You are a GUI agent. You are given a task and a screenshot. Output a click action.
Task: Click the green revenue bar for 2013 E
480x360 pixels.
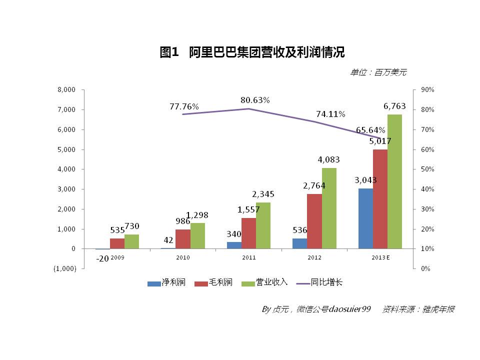point(394,181)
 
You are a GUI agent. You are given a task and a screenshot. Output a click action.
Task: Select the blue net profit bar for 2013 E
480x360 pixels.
point(365,218)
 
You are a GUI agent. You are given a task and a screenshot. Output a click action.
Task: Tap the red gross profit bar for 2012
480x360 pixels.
point(314,221)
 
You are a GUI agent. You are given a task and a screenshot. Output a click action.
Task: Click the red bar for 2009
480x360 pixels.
point(117,243)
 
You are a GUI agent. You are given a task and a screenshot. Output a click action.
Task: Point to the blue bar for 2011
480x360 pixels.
point(234,245)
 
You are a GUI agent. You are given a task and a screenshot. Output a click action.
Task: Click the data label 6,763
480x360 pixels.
point(394,106)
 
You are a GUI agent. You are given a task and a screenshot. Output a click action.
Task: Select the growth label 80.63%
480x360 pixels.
point(255,100)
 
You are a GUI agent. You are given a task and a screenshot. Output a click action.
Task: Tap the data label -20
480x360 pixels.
point(102,258)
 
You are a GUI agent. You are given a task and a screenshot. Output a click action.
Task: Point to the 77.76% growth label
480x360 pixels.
point(184,106)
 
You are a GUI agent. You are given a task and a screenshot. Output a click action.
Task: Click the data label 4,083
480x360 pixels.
point(328,160)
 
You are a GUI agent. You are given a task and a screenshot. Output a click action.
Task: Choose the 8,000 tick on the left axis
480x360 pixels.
point(66,90)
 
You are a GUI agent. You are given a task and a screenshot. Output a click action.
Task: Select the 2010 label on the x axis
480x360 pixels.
point(183,257)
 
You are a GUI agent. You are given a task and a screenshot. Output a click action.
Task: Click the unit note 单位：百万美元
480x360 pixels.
point(378,72)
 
